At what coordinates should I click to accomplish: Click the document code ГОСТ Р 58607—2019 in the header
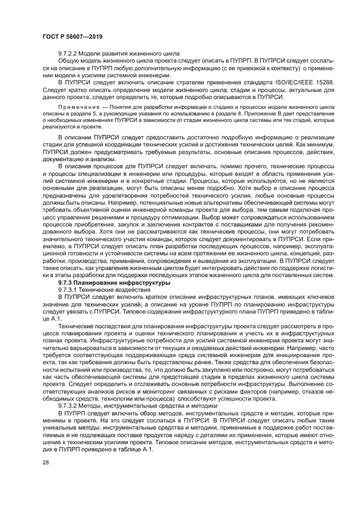tap(72, 36)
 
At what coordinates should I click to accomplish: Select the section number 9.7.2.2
tap(70, 55)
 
